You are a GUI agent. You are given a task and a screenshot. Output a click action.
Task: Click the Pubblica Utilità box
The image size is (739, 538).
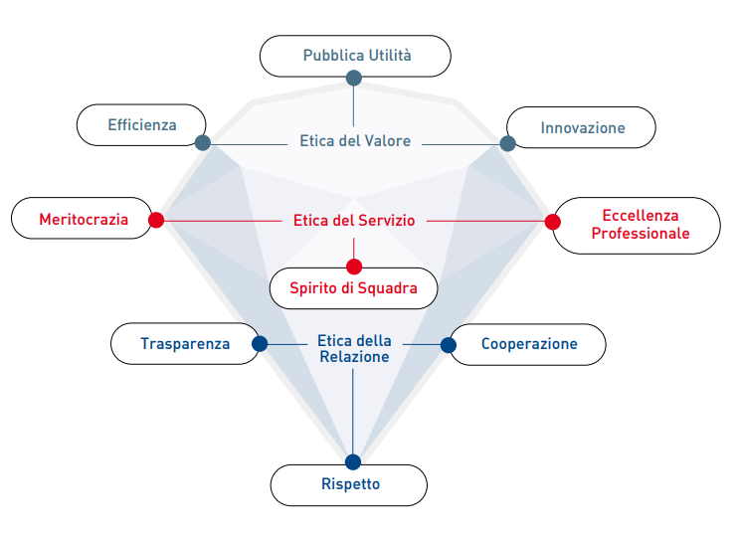[x=355, y=56]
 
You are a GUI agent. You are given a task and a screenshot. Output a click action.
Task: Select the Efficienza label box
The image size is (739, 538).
[x=142, y=124]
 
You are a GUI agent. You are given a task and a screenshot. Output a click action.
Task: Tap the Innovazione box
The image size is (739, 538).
[x=582, y=127]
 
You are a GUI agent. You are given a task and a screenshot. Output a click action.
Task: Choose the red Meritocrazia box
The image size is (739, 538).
[x=84, y=219]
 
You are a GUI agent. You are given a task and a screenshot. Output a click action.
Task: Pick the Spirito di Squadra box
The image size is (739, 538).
[x=354, y=288]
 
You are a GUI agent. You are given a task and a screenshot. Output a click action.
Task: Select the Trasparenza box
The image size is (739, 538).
[x=185, y=344]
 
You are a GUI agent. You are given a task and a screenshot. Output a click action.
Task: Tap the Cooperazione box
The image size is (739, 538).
[x=528, y=344]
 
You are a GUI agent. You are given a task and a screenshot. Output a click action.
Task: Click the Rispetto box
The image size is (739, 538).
[x=349, y=484]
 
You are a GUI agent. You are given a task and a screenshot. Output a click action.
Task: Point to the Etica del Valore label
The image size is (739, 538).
[x=355, y=141]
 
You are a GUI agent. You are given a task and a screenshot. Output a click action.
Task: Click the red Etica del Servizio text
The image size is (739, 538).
[x=354, y=220]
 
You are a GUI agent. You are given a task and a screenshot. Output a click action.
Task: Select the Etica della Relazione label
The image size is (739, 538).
[x=354, y=348]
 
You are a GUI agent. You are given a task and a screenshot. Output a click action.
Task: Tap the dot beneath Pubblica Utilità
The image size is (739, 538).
[x=353, y=78]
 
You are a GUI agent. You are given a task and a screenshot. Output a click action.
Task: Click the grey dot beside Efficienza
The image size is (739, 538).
[x=203, y=143]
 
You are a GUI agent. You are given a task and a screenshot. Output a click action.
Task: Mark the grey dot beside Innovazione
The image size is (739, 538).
[x=507, y=143]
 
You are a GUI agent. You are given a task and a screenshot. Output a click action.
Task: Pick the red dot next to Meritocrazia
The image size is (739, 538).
[x=155, y=220]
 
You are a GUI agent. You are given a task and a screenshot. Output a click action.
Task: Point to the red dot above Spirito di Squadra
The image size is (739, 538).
[x=354, y=267]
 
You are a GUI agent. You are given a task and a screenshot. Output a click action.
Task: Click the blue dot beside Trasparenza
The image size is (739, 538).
[x=260, y=344]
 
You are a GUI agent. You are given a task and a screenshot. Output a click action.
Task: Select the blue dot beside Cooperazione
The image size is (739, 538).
[x=448, y=345]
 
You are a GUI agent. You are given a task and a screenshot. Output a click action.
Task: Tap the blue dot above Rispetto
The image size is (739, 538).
[x=352, y=461]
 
